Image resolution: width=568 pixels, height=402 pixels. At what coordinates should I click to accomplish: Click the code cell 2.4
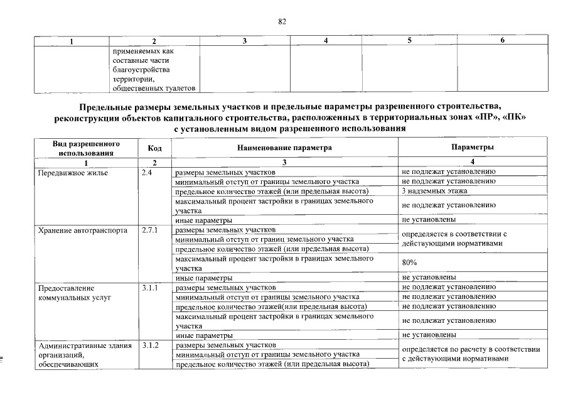click(147, 171)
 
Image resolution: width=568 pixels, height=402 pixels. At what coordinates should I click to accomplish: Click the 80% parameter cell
click(409, 263)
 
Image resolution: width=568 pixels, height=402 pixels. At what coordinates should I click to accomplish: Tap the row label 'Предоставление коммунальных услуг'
click(75, 292)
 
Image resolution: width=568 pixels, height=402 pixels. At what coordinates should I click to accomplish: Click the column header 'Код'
click(155, 148)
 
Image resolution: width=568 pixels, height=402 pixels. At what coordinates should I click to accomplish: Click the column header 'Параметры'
click(472, 148)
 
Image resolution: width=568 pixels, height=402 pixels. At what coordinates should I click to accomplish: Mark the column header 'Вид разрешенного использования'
click(87, 148)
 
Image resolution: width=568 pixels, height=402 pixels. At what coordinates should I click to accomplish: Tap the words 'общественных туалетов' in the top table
click(151, 88)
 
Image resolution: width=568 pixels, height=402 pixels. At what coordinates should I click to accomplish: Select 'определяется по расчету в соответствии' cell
click(471, 349)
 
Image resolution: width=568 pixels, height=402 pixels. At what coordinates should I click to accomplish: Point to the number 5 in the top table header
click(410, 41)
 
